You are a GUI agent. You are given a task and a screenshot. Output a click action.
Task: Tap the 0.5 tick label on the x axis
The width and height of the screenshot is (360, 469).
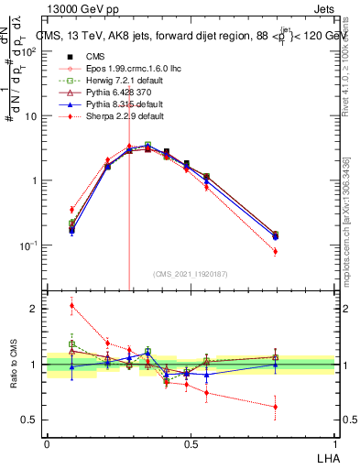tap(191, 442)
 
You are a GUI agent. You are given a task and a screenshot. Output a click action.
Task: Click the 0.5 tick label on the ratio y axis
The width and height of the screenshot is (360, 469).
tap(28, 420)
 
